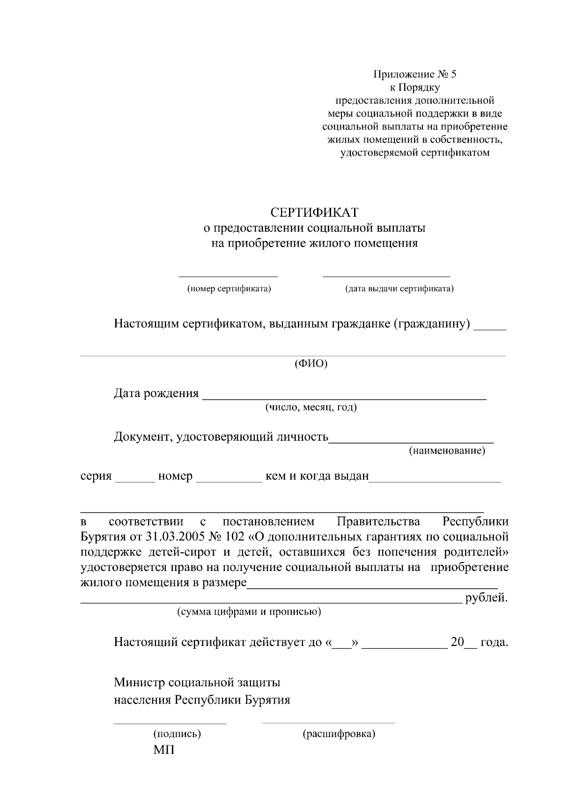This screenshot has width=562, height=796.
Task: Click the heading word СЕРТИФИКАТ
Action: (x=315, y=213)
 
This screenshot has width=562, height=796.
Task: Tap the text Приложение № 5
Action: (x=414, y=74)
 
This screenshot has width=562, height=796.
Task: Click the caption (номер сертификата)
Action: (x=229, y=289)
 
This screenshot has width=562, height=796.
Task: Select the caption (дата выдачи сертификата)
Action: (x=399, y=289)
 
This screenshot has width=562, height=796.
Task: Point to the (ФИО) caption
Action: (x=311, y=364)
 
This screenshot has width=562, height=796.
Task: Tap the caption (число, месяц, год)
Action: (x=311, y=407)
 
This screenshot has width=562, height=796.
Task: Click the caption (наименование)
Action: (x=447, y=451)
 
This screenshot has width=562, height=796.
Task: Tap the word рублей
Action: (x=487, y=598)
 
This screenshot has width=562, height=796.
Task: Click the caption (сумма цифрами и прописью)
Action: (x=249, y=612)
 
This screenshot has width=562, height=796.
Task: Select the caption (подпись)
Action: (x=177, y=734)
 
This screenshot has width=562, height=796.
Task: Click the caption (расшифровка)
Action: (x=339, y=734)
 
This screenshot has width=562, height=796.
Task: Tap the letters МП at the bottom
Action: (x=164, y=750)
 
